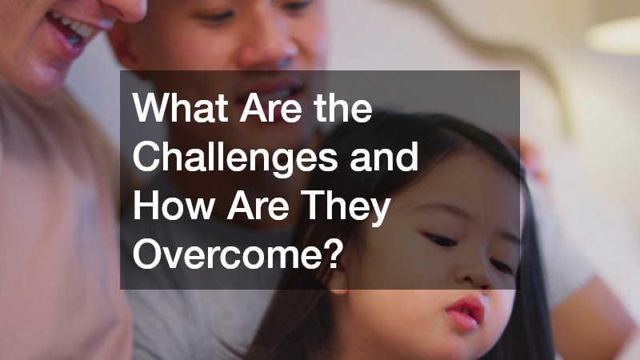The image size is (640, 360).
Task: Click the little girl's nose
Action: click(478, 268)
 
